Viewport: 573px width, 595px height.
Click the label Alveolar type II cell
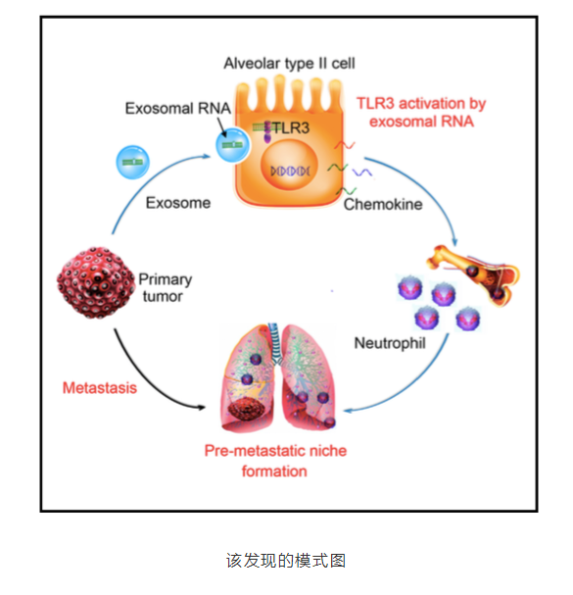pyautogui.click(x=289, y=64)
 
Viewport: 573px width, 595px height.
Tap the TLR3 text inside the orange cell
pyautogui.click(x=291, y=127)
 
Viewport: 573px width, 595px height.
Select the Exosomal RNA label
pyautogui.click(x=178, y=109)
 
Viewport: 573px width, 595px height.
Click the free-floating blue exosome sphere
pyautogui.click(x=133, y=162)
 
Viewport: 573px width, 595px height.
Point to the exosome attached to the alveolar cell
pyautogui.click(x=232, y=145)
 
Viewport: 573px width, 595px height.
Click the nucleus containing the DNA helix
pyautogui.click(x=289, y=166)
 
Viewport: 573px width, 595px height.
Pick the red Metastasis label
pyautogui.click(x=100, y=388)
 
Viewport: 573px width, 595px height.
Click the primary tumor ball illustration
pyautogui.click(x=96, y=282)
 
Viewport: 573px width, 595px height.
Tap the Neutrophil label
pyautogui.click(x=390, y=343)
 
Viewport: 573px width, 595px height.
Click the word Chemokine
pyautogui.click(x=383, y=205)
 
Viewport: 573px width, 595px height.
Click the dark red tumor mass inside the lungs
pyautogui.click(x=247, y=409)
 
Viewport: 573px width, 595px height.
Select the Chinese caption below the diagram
pyautogui.click(x=286, y=561)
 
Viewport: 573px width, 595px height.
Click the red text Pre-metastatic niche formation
pyautogui.click(x=275, y=461)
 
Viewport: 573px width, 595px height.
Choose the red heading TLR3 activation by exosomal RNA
pyautogui.click(x=421, y=113)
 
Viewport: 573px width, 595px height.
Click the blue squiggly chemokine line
pyautogui.click(x=362, y=173)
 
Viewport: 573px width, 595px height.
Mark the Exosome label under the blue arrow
pyautogui.click(x=178, y=203)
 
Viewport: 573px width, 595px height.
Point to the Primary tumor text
pyautogui.click(x=166, y=287)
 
